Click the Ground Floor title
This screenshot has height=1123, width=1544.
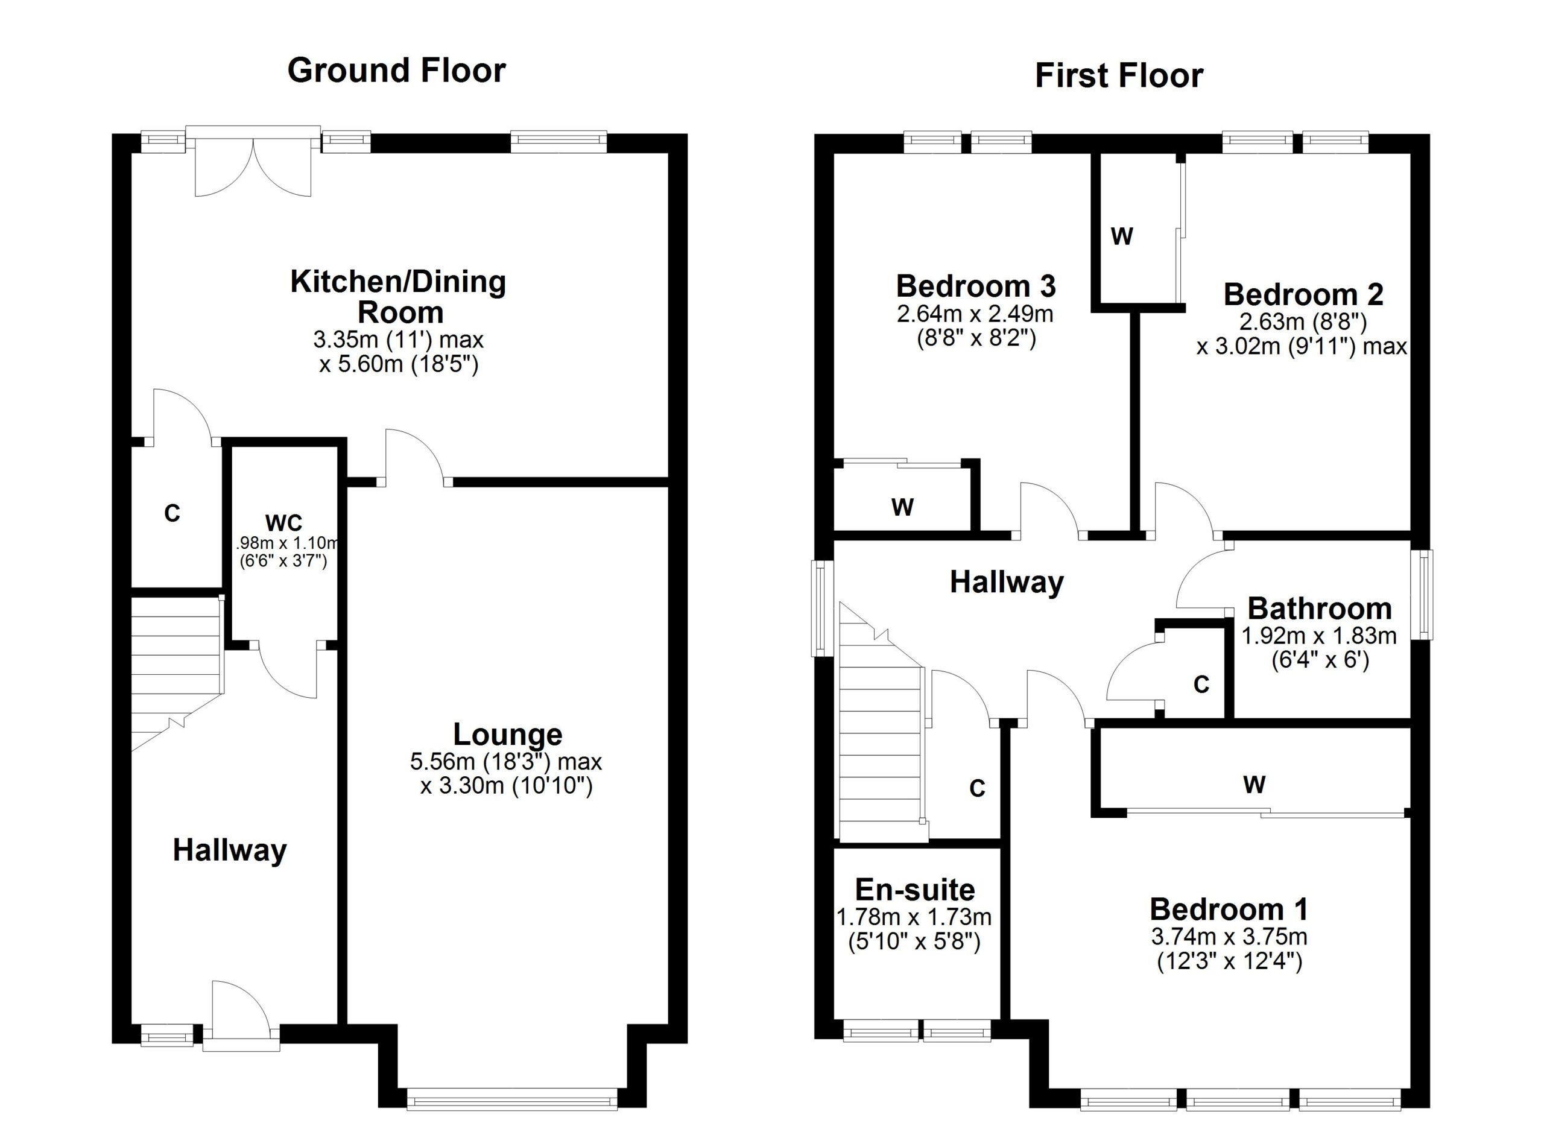(x=396, y=71)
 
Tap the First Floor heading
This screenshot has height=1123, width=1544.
(x=1119, y=75)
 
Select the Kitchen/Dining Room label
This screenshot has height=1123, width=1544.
(x=398, y=297)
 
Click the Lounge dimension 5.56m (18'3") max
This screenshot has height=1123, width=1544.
(x=506, y=761)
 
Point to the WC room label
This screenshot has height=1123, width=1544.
(x=283, y=523)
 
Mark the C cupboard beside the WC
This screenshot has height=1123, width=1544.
(x=172, y=513)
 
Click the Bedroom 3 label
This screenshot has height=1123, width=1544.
(x=975, y=286)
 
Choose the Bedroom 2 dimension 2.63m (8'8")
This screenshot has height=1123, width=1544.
(x=1302, y=321)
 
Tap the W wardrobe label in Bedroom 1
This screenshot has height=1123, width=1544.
(x=1254, y=785)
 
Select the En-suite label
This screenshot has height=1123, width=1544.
(x=914, y=890)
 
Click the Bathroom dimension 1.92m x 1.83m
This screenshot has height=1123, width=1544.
(x=1318, y=636)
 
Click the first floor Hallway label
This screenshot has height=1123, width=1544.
(x=1006, y=583)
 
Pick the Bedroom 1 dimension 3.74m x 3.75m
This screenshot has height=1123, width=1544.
(x=1229, y=937)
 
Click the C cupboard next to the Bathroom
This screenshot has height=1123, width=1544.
(x=1201, y=684)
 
